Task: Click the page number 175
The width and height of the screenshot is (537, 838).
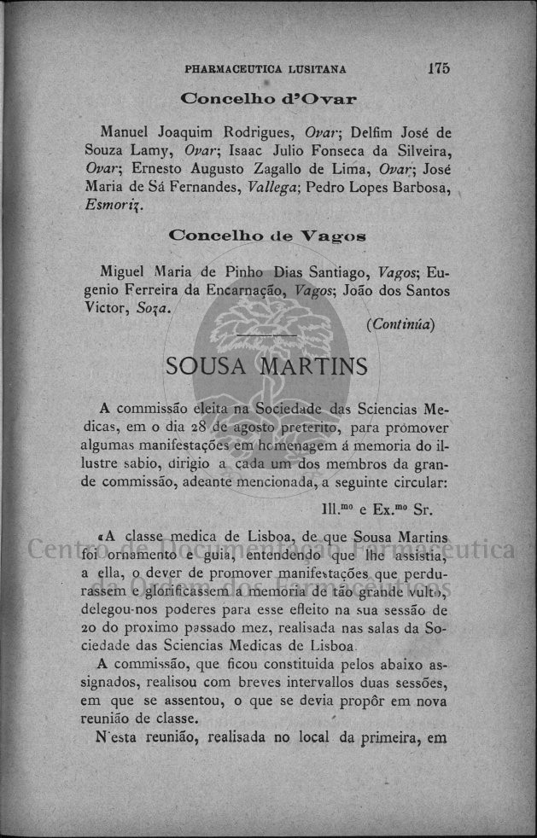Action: tap(440, 68)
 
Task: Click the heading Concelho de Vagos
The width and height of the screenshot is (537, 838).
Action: tap(268, 234)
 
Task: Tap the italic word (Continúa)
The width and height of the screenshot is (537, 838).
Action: tap(400, 324)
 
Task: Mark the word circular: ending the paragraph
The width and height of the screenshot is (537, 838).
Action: tap(414, 481)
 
